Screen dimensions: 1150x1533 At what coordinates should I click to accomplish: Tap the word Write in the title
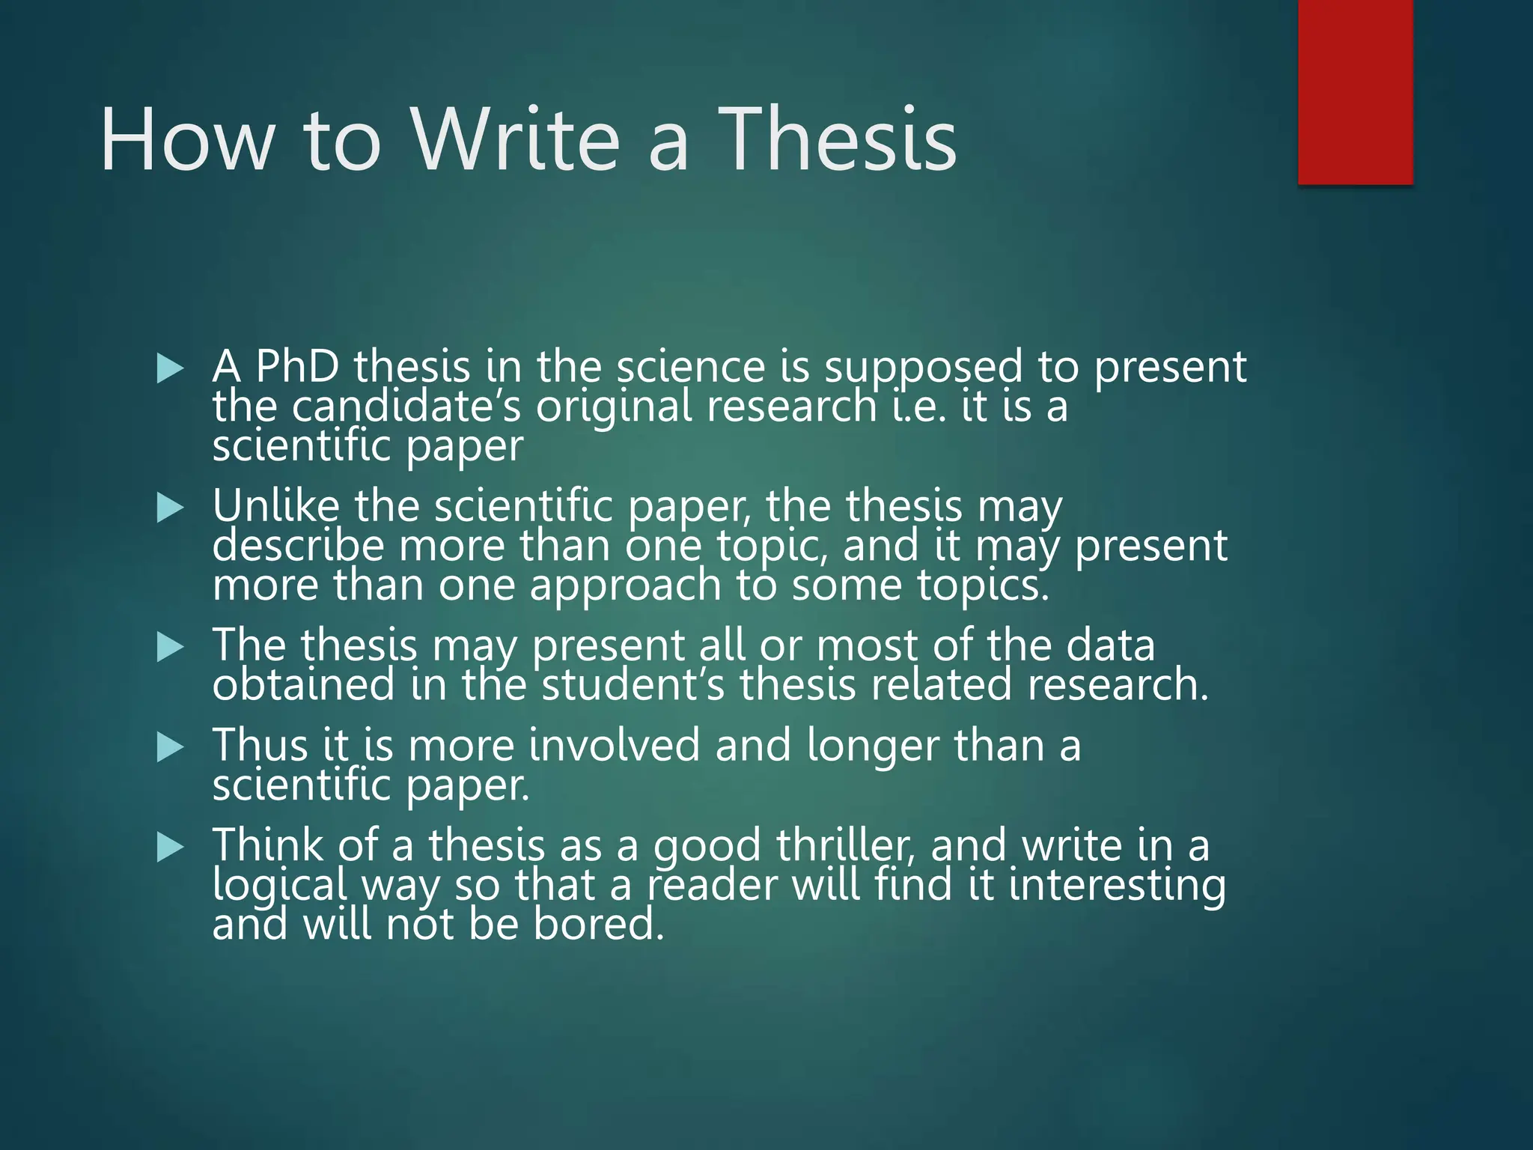pos(516,139)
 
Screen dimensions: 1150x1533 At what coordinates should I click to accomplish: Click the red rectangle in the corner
pos(1355,91)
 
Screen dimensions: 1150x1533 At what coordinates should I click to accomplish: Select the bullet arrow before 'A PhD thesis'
pos(171,368)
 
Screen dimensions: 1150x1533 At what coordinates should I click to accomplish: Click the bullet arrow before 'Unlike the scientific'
pos(171,508)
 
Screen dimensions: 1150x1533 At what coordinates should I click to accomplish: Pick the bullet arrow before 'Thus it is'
pos(171,747)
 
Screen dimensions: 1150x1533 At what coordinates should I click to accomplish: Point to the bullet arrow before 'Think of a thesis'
pos(171,848)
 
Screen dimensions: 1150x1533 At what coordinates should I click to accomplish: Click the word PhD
pos(297,367)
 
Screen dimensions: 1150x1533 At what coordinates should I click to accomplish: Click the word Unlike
pos(275,506)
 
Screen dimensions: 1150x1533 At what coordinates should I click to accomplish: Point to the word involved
pos(613,746)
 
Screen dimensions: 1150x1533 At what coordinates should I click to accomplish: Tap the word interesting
pos(1117,886)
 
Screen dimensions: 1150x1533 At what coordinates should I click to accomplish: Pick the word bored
pos(598,925)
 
